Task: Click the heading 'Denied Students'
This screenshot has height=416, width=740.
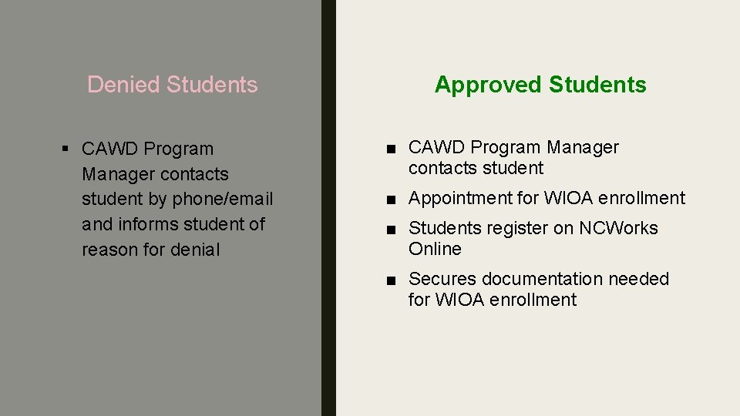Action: [172, 84]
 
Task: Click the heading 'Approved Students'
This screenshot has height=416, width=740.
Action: [540, 84]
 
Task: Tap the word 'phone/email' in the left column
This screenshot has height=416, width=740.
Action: [223, 199]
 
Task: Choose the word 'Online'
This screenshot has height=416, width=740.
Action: [435, 249]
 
